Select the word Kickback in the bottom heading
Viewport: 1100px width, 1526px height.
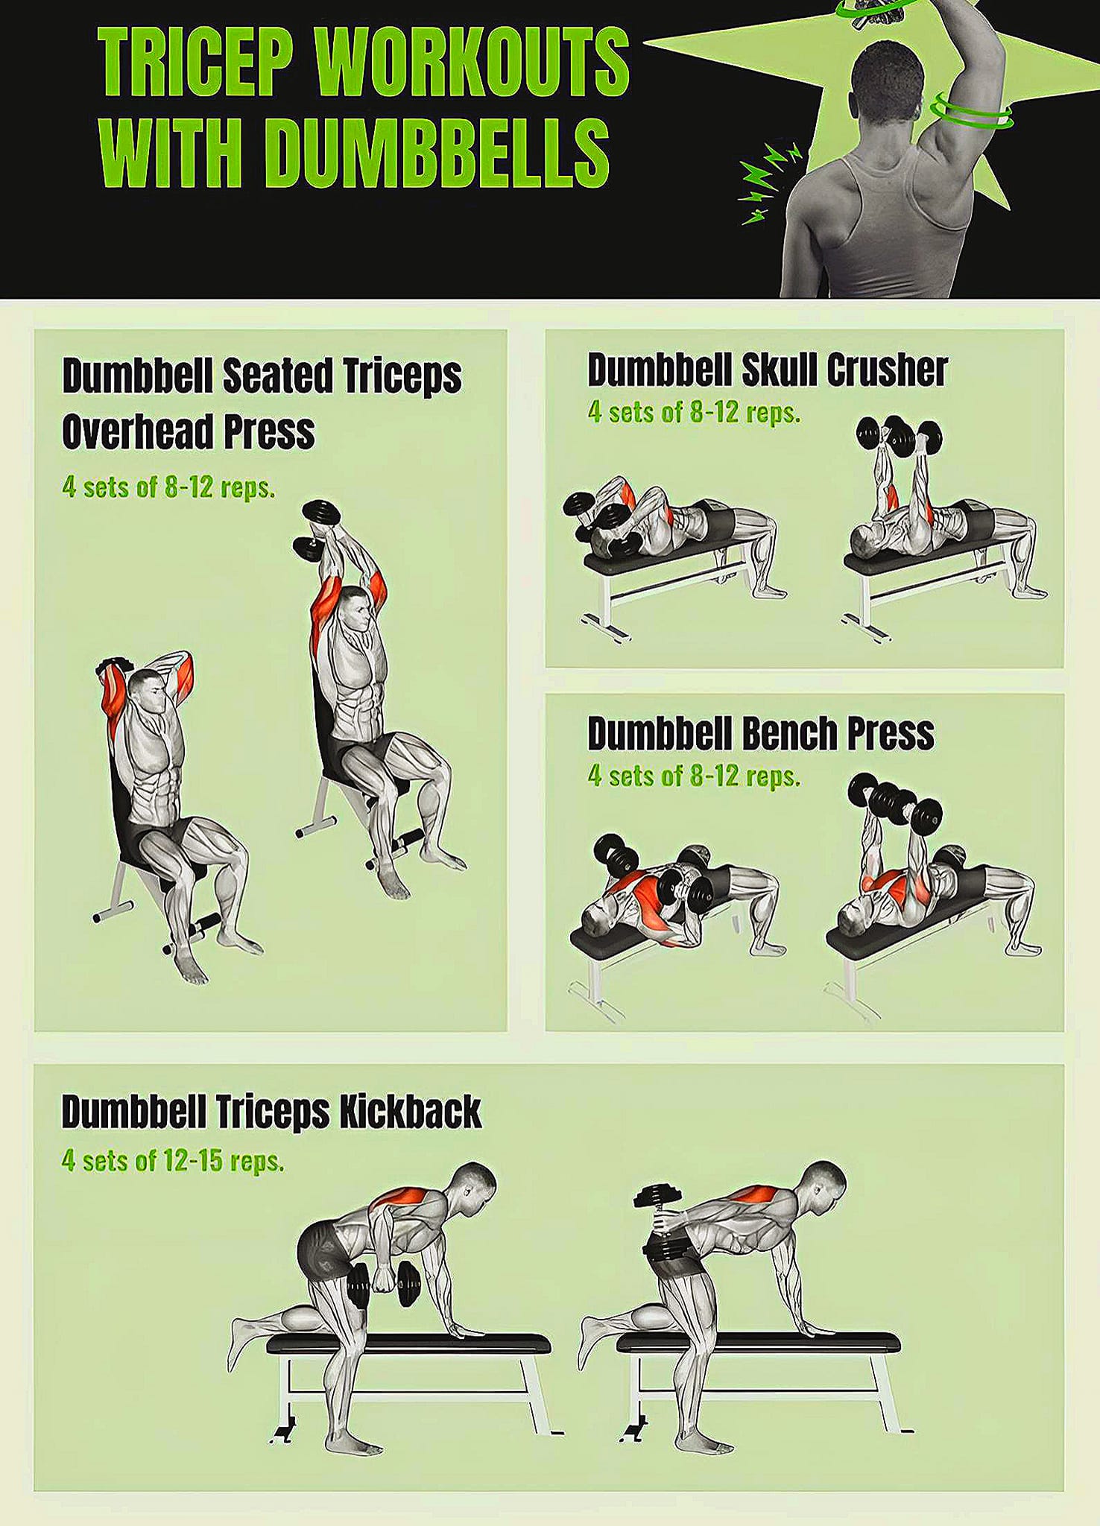(x=410, y=1112)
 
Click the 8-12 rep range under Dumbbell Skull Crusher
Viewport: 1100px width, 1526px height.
(x=714, y=412)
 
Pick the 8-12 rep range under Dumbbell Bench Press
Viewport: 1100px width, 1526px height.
(x=714, y=776)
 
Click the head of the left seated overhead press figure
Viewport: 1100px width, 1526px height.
(x=150, y=693)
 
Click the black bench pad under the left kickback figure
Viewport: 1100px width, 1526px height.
(x=408, y=1343)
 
